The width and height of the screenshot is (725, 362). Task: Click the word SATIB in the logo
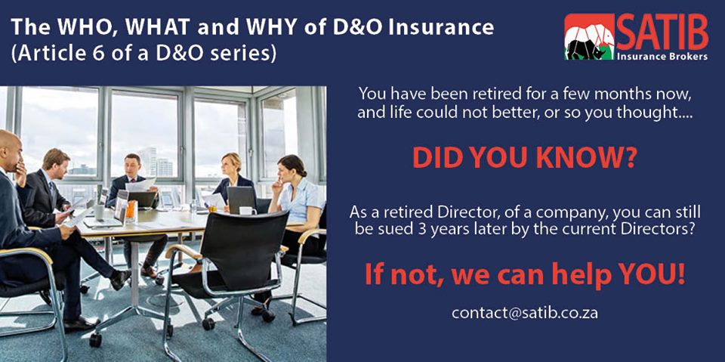point(662,33)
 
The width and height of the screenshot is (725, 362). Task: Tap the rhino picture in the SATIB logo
point(590,39)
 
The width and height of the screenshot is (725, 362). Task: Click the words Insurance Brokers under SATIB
point(662,56)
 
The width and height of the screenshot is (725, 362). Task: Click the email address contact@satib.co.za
point(524,312)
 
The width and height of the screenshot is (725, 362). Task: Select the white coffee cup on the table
point(243,210)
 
